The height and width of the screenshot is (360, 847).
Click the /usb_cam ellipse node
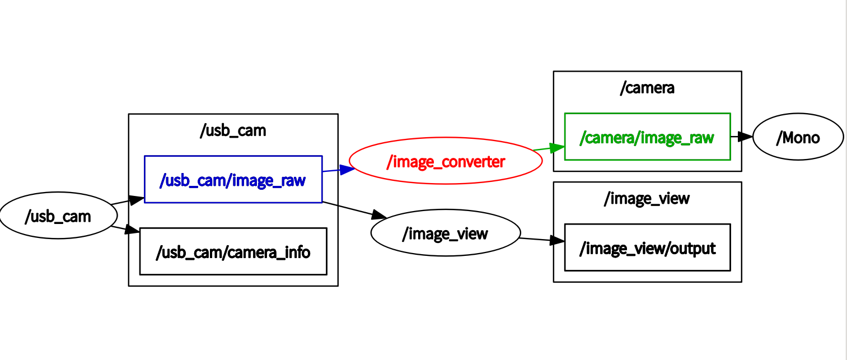58,216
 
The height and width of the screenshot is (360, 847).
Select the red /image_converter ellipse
446,162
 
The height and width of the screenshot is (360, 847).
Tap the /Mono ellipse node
798,138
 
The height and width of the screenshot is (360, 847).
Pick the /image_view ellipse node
446,233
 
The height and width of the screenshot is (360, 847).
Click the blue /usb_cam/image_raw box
233,180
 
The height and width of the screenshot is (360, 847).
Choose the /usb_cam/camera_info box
233,251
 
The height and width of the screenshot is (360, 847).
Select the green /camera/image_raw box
647,137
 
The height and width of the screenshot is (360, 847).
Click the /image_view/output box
647,247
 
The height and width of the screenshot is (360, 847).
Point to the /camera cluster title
647,88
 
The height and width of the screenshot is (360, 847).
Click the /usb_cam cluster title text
233,131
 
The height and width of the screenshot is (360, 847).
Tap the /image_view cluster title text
647,199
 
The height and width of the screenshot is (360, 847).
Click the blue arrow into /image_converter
339,170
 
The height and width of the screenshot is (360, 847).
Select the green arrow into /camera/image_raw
549,148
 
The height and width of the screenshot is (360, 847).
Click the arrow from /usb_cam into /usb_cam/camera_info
127,228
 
